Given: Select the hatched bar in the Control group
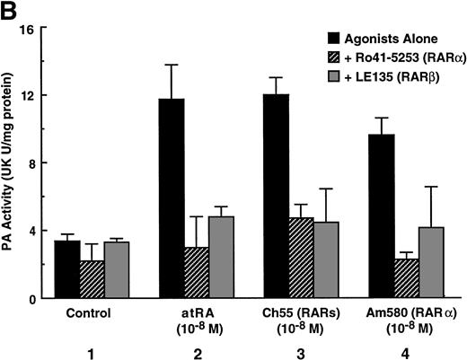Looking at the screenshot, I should [x=93, y=279].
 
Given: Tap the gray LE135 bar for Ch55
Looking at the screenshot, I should [x=328, y=259].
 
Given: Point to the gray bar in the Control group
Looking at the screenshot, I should [x=117, y=270].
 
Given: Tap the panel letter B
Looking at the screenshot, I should [x=10, y=9].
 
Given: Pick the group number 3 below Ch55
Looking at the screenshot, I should [x=301, y=349].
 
